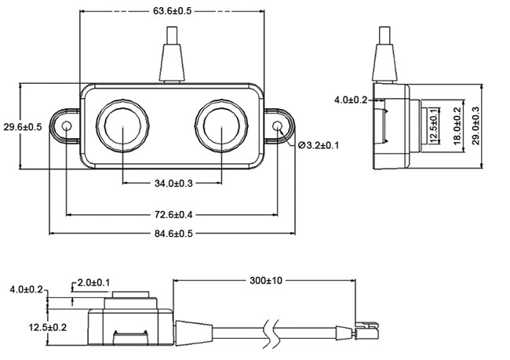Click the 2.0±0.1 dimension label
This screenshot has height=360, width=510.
coord(93,282)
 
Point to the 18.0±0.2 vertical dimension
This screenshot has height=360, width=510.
coord(457,127)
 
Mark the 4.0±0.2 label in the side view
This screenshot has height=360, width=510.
coord(351,100)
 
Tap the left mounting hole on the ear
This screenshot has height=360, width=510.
coord(67,126)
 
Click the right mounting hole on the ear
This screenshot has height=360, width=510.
coord(277,126)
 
